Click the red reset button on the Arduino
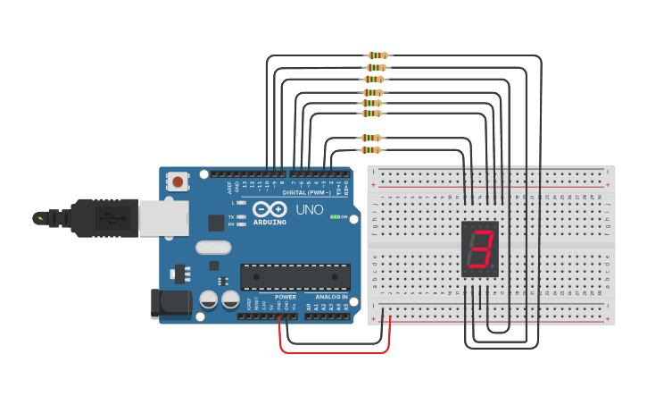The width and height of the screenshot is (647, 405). [x=178, y=182]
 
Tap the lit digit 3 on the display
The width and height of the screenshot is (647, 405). [x=481, y=249]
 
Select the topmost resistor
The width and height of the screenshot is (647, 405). [x=377, y=55]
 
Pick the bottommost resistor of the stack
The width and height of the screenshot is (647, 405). [x=371, y=150]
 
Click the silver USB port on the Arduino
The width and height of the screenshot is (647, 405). [x=163, y=218]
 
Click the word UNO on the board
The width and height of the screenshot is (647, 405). [x=309, y=209]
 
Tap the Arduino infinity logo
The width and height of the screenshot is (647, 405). [x=269, y=209]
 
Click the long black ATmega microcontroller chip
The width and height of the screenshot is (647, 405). [x=294, y=276]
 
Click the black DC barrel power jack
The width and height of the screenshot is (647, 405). [x=170, y=303]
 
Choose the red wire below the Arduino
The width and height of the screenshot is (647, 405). [x=335, y=351]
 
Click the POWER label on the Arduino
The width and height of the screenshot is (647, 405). [x=286, y=297]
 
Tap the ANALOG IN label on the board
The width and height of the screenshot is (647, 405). [x=331, y=297]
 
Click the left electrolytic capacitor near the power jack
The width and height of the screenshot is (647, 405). [x=209, y=300]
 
